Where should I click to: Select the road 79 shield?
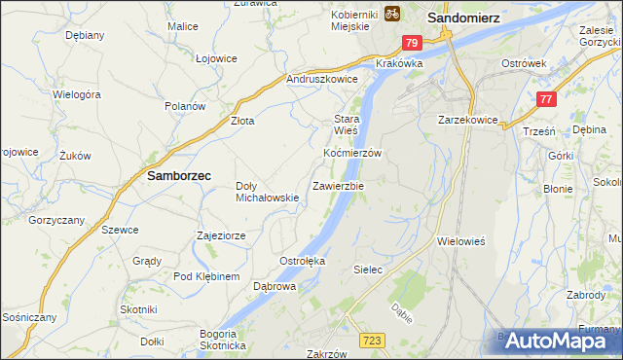[x=412, y=43]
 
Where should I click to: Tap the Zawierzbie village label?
[x=338, y=186]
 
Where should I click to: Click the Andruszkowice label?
[x=322, y=80]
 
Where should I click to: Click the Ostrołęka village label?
[x=302, y=262]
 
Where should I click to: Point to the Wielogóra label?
[x=78, y=95]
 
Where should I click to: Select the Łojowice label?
[x=216, y=58]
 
